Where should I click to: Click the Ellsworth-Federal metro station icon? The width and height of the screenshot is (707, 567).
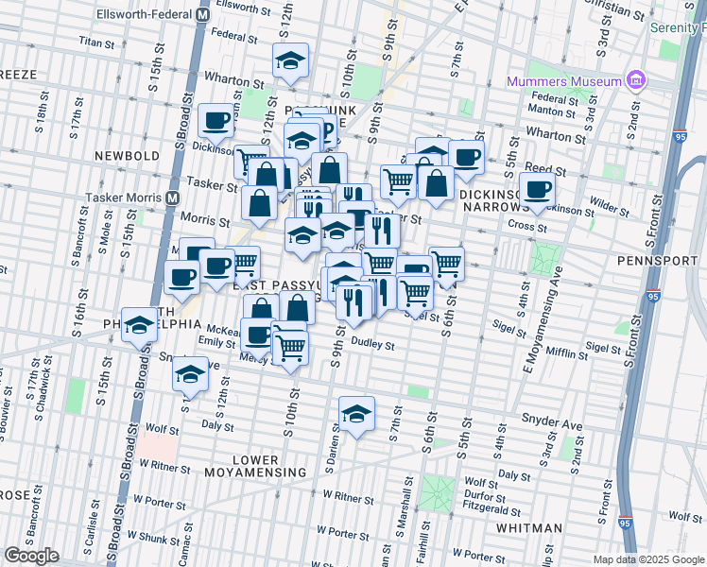[202, 15]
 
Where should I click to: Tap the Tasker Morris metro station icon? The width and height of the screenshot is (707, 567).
[173, 198]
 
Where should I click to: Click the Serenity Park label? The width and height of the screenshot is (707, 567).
[678, 28]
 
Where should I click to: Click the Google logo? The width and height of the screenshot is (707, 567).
[31, 556]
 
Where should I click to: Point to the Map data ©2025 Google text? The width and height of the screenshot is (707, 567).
[647, 559]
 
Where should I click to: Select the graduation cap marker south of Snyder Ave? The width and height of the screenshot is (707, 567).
[356, 414]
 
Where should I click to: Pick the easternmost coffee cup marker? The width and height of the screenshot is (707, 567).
[537, 187]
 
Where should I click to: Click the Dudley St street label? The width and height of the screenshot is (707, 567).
[371, 345]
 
